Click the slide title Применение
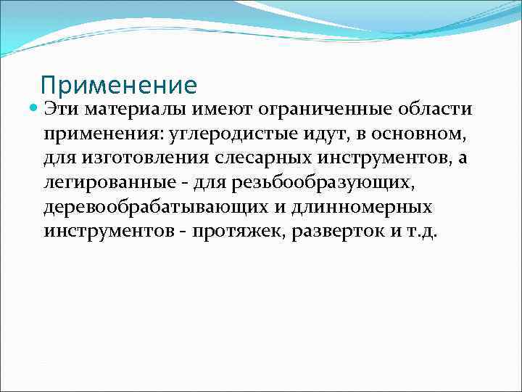tap(119, 86)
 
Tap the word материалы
tap(135, 109)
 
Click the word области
tap(432, 109)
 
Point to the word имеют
tap(217, 109)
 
